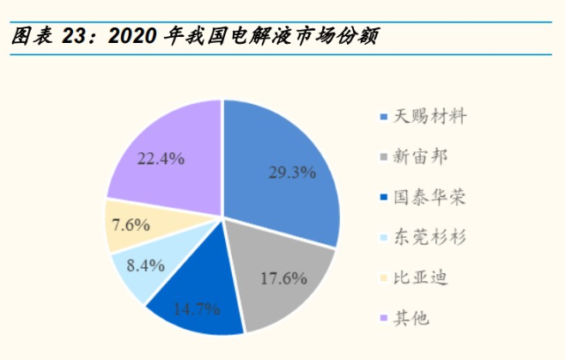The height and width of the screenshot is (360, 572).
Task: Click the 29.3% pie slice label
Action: pyautogui.click(x=292, y=172)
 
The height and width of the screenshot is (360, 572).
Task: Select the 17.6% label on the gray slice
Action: pyautogui.click(x=283, y=277)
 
